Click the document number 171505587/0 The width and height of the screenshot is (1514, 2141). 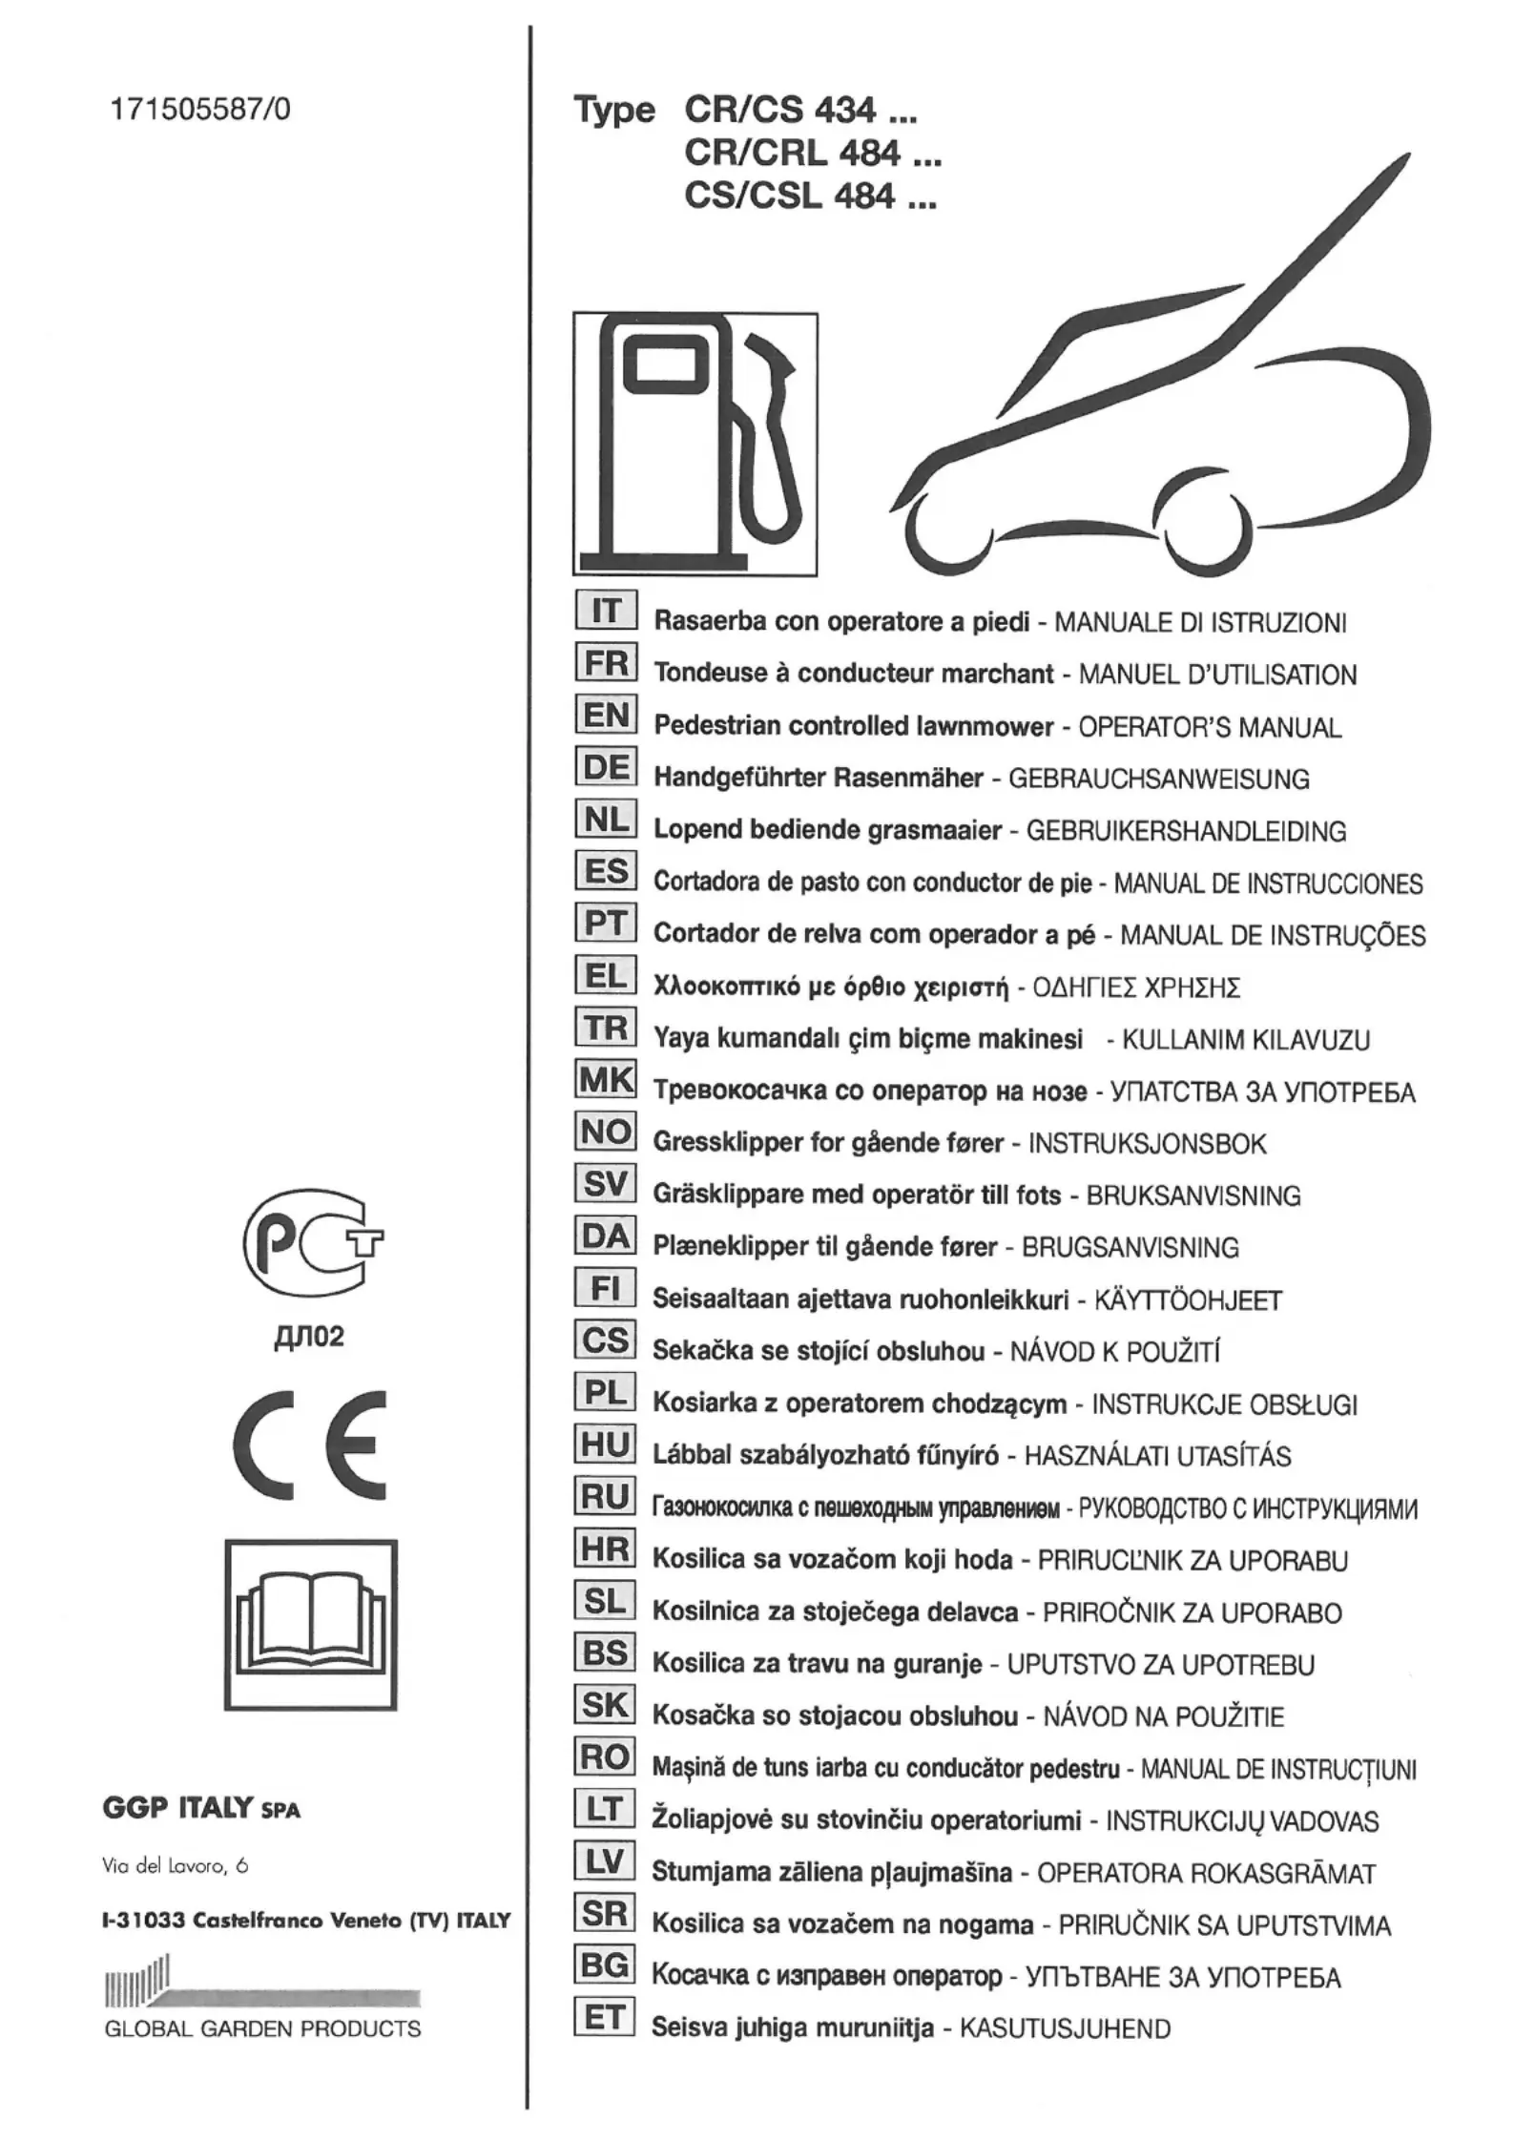(200, 110)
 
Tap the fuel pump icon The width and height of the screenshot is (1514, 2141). (695, 444)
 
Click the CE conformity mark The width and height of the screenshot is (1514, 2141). (310, 1445)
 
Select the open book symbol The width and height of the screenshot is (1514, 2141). (311, 1624)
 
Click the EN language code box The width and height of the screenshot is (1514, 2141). (606, 715)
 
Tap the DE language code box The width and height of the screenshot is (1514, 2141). (606, 767)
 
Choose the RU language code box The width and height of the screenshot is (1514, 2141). (606, 1496)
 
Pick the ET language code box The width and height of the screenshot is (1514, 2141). (606, 2017)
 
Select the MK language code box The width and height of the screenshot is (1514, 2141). (606, 1079)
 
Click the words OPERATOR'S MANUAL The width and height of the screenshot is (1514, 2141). (1210, 727)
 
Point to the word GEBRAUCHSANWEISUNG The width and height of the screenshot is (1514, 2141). (1158, 779)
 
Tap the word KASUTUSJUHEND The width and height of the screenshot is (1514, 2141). (1065, 2028)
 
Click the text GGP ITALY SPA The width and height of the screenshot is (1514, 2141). (201, 1808)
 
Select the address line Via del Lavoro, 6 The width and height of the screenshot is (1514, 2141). (176, 1866)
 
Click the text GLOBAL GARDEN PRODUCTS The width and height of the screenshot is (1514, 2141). (262, 2028)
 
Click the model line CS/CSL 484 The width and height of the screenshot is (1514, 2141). (810, 197)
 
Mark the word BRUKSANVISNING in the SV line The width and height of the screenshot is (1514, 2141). (1193, 1195)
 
